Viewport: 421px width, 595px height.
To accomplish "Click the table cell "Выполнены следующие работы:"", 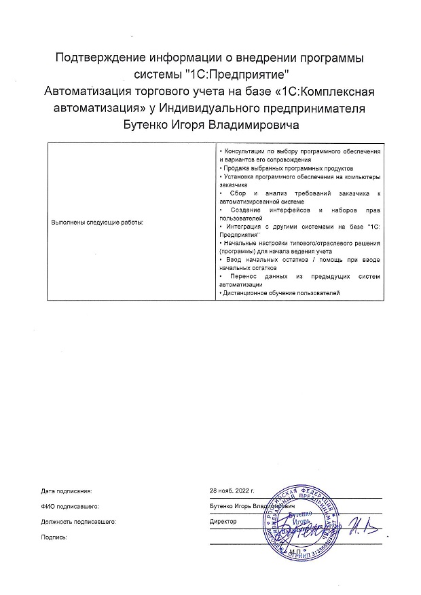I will [98, 223].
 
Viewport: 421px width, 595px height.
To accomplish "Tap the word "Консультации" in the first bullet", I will [238, 149].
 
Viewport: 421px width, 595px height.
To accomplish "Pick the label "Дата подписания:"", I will [66, 490].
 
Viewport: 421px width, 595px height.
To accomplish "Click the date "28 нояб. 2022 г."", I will [232, 490].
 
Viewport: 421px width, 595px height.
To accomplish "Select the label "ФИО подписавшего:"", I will [70, 506].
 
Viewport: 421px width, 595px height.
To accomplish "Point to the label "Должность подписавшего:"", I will [79, 522].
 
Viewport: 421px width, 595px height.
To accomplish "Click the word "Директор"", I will [224, 522].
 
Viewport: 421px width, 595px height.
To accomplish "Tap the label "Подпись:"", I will [54, 537].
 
